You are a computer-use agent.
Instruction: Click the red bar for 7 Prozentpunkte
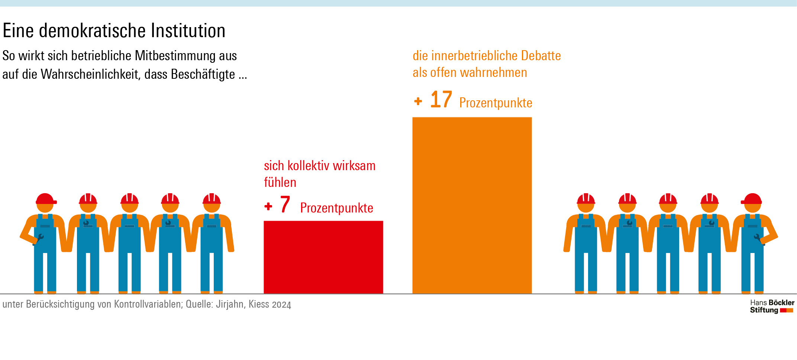323,257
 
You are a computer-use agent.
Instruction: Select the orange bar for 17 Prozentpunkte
472,205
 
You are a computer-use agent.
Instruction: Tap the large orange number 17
441,100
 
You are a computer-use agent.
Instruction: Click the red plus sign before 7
268,206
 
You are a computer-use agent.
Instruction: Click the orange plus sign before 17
418,101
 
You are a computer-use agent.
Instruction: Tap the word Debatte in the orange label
541,56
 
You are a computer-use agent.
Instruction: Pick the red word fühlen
280,182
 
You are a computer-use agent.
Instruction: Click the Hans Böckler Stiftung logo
772,307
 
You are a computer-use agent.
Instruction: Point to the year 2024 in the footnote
281,305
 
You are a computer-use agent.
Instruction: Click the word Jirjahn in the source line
229,304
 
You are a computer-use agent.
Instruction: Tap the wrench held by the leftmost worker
38,239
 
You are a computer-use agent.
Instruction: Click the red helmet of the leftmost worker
45,199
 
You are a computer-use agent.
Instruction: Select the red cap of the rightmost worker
752,199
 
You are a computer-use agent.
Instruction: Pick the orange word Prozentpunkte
496,103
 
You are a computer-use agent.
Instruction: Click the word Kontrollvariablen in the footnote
148,304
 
